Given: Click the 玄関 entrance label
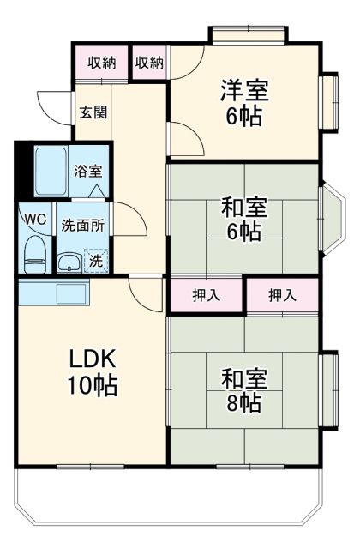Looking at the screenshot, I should [93, 112].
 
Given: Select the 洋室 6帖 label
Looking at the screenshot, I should [243, 102].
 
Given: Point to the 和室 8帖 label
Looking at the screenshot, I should [243, 390].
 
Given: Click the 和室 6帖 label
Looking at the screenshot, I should [243, 220].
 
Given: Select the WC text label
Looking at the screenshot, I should [35, 219].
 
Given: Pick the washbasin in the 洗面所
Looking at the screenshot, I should [69, 262].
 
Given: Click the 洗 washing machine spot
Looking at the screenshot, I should [98, 262].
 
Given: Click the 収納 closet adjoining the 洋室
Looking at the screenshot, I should [149, 63].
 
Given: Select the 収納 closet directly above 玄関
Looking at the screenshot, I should [102, 63].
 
